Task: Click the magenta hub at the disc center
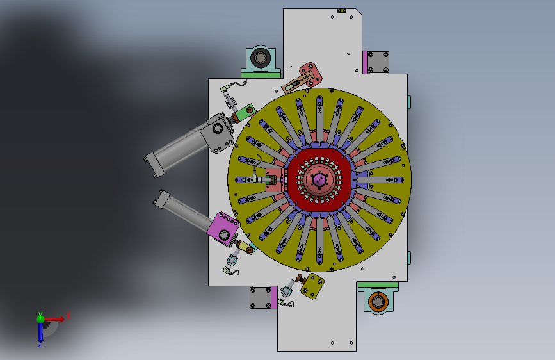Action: [319, 179]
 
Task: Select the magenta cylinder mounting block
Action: [223, 229]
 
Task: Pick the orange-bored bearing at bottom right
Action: [378, 300]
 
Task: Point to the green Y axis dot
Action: [40, 318]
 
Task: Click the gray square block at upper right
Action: [378, 62]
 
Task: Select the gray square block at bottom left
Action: [261, 298]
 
